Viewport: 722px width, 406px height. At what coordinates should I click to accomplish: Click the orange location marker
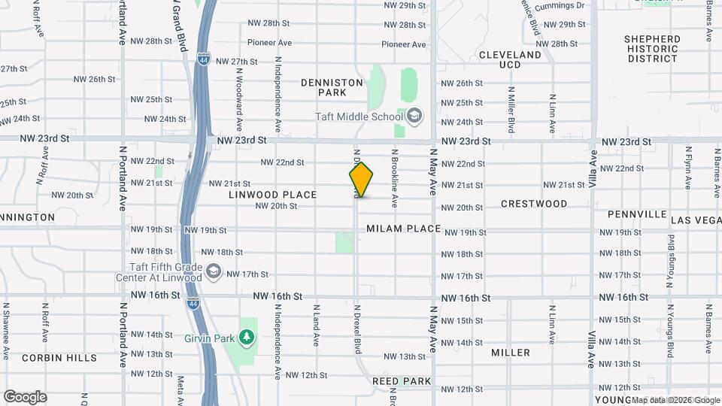[361, 180]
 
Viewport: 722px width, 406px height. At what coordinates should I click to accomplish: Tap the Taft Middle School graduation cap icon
[414, 117]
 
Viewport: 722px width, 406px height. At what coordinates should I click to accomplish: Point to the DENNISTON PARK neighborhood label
[332, 87]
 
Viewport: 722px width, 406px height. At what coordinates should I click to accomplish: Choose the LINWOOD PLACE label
[273, 195]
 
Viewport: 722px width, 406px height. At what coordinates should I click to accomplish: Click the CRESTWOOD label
[534, 204]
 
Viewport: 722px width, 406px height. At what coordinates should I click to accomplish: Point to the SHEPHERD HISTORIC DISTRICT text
[653, 49]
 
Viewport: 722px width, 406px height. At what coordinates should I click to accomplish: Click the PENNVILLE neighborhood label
[637, 214]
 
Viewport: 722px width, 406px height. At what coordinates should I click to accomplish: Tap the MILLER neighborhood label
[511, 352]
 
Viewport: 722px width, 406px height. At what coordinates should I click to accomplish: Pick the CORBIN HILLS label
[59, 358]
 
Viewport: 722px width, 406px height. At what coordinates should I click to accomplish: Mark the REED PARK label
[402, 381]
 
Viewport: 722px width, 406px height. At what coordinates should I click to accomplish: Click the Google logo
[25, 396]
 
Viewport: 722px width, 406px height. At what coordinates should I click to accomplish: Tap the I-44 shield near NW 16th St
[193, 303]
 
